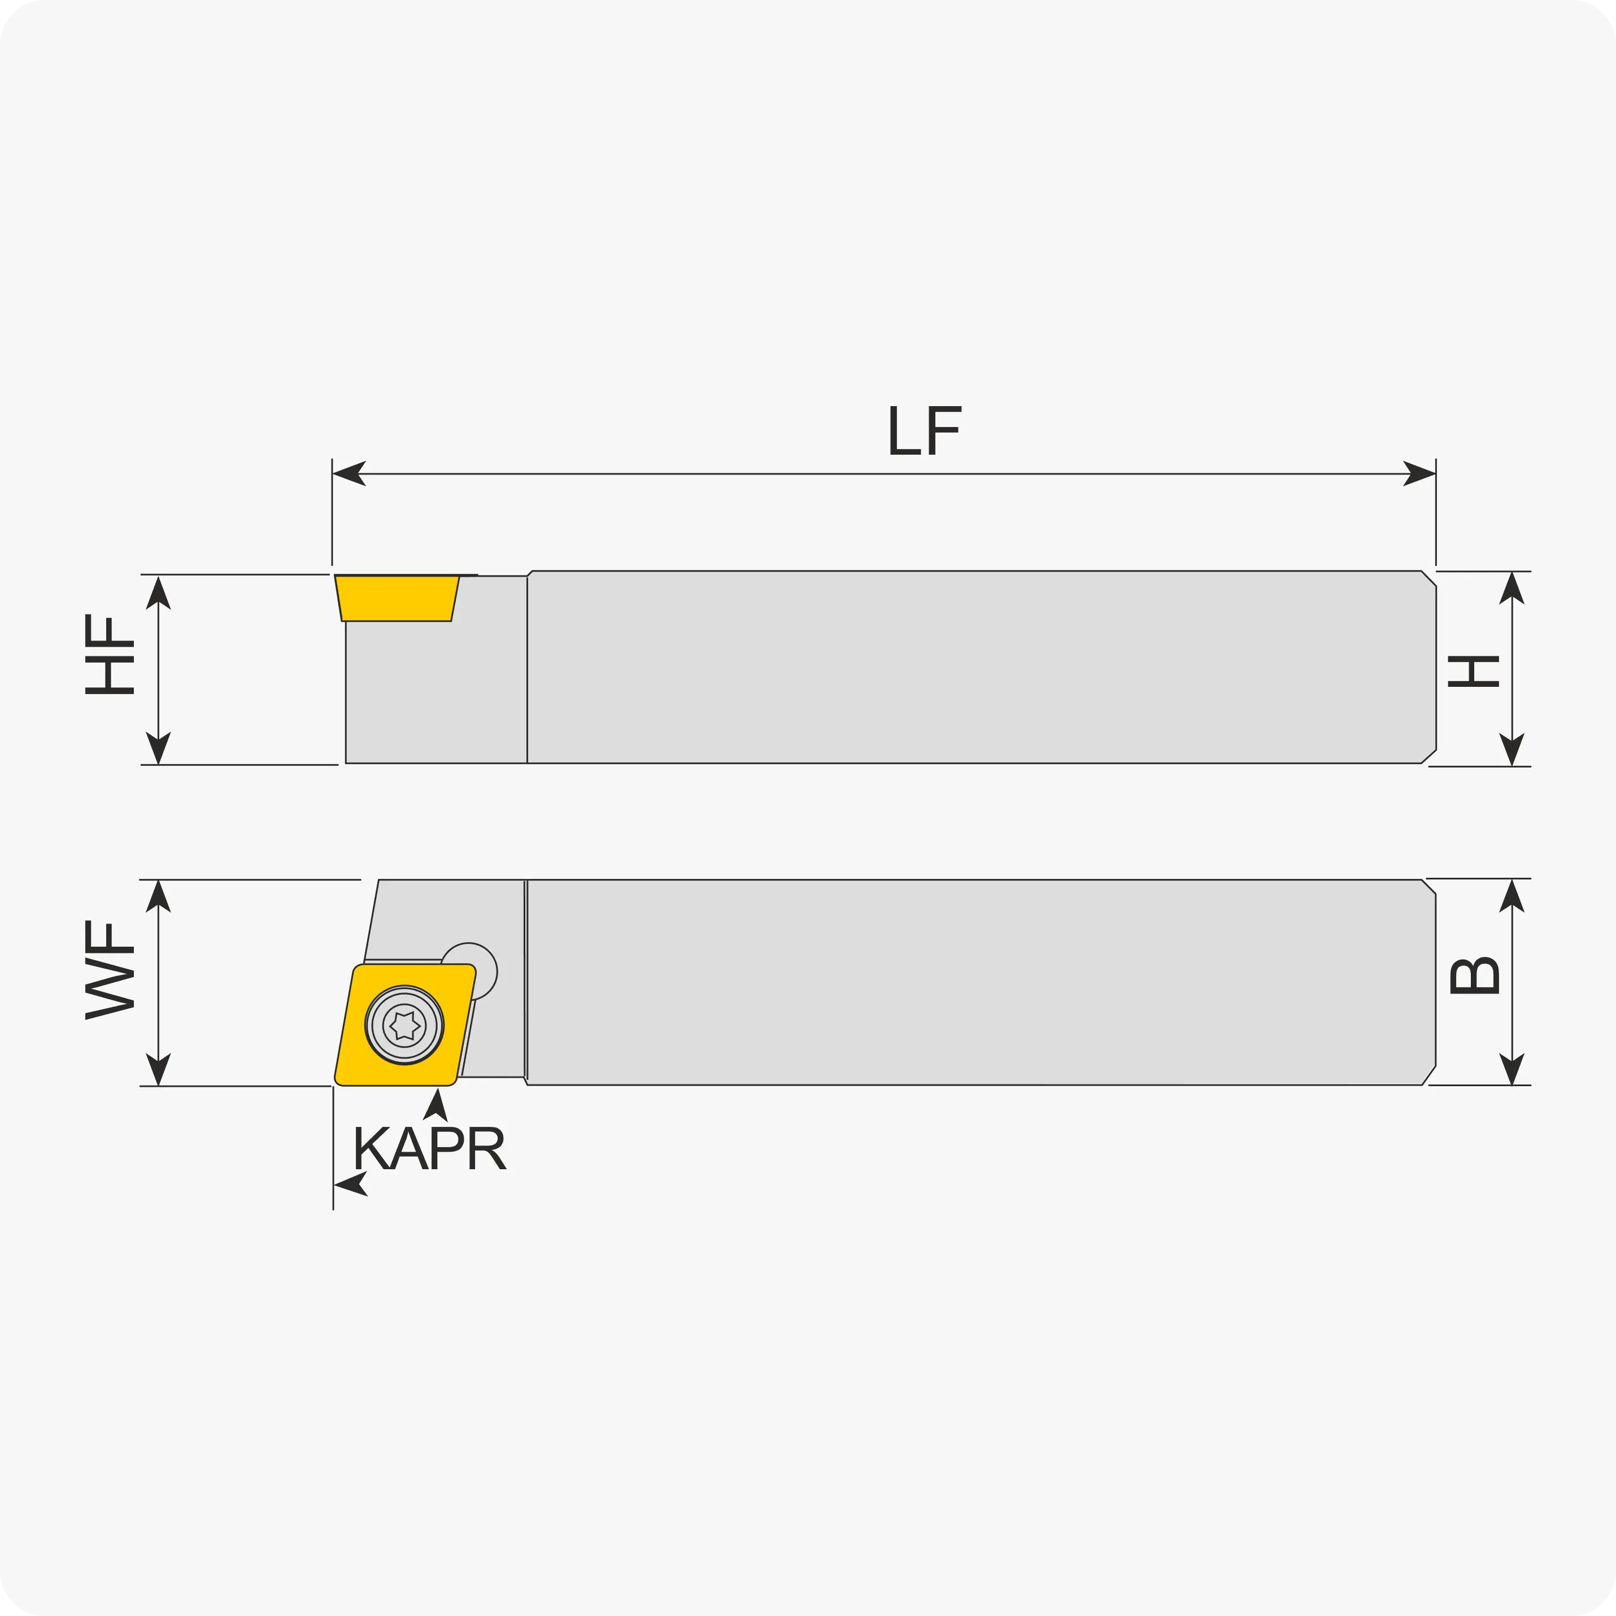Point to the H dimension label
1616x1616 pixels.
click(x=1474, y=671)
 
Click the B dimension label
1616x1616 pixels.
click(x=1474, y=975)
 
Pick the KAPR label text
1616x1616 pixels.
click(x=430, y=1148)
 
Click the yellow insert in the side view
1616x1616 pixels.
click(x=397, y=598)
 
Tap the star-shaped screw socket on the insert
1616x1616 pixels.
click(x=405, y=1026)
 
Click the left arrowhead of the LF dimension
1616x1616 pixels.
click(x=350, y=473)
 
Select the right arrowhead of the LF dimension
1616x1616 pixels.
click(x=1419, y=473)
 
